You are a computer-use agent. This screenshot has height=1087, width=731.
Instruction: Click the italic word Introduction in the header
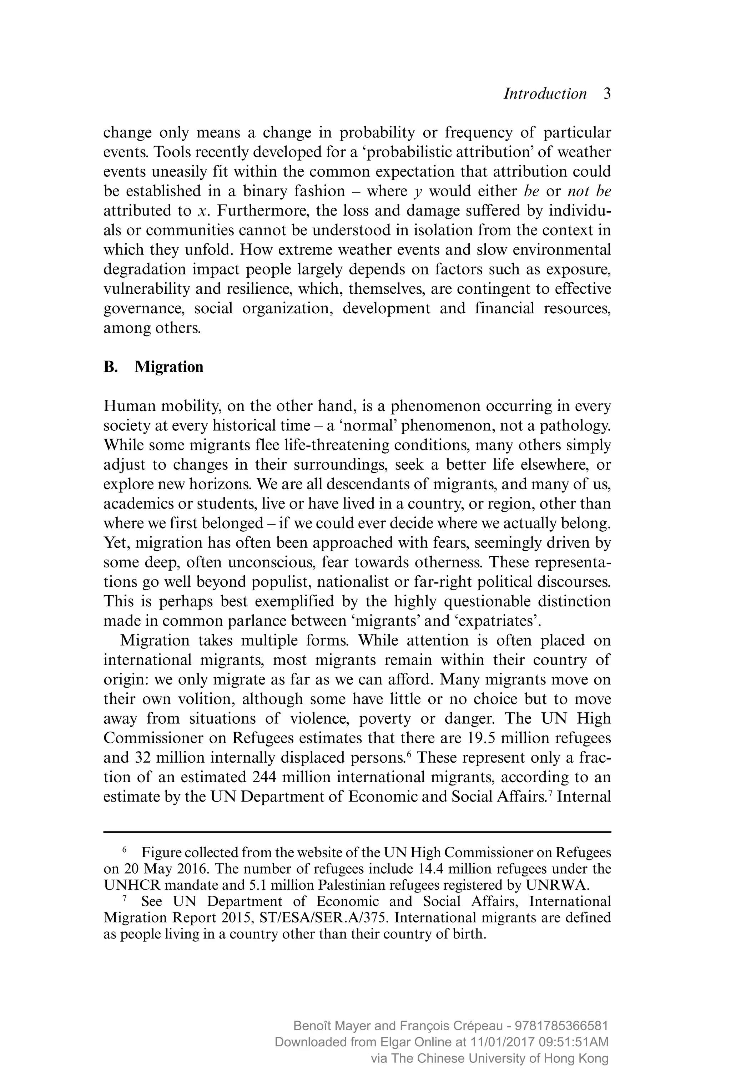point(545,94)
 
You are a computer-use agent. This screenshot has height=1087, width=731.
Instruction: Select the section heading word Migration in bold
point(169,367)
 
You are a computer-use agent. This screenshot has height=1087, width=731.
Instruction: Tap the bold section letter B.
point(110,367)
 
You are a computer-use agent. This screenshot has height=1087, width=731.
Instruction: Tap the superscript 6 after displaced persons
point(409,754)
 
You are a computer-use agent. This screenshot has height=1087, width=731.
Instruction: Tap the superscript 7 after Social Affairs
point(550,793)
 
